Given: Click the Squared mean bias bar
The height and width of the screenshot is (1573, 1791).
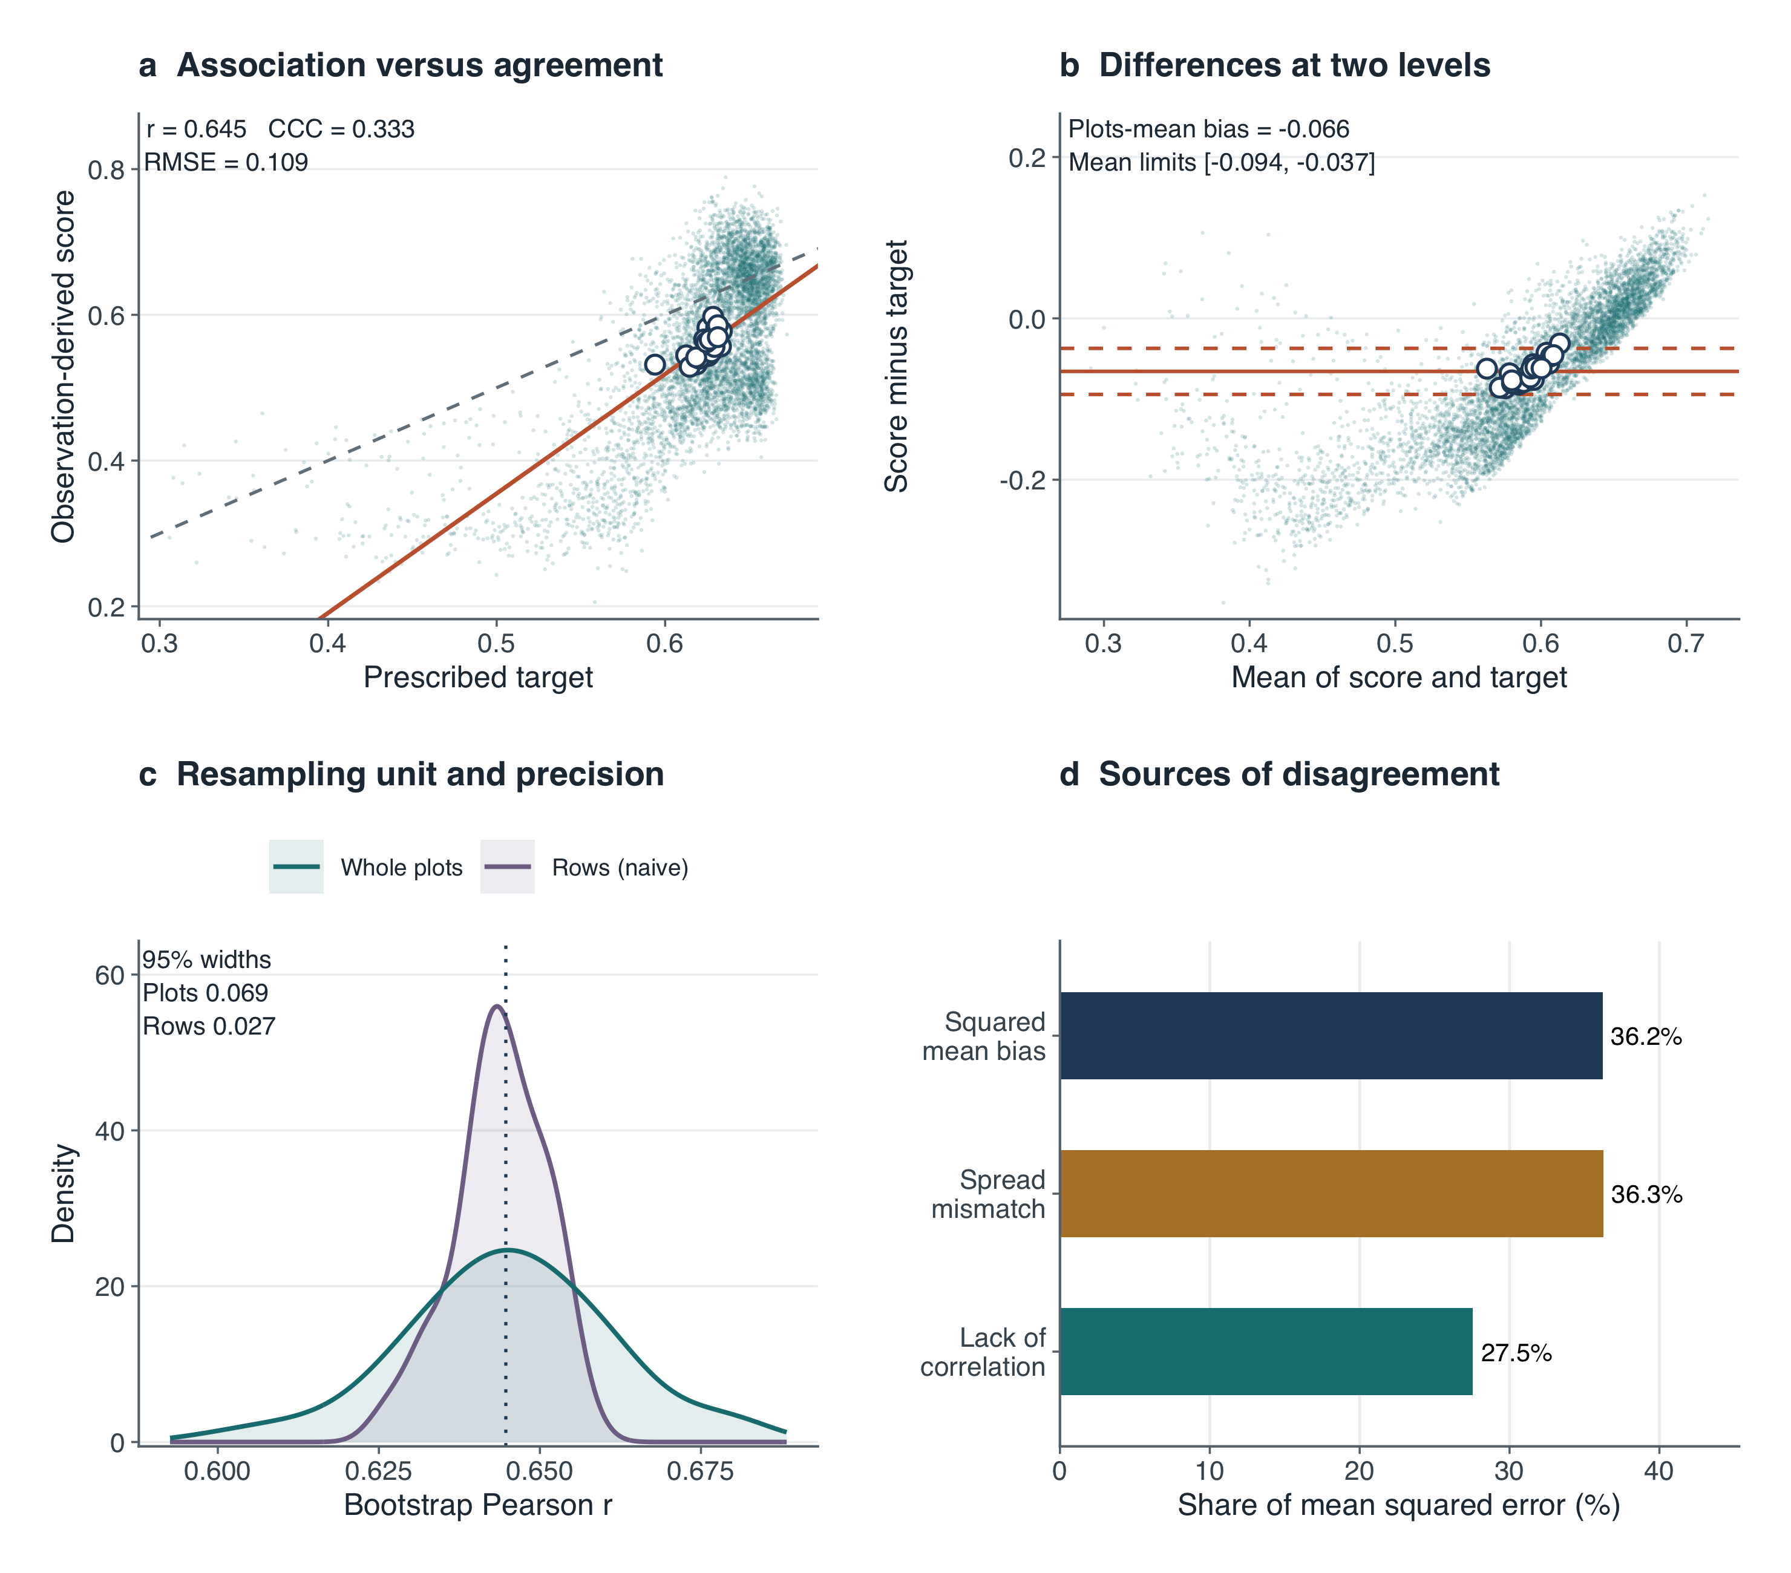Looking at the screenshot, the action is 1331,1036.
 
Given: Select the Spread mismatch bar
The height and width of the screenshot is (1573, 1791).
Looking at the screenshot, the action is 1332,1194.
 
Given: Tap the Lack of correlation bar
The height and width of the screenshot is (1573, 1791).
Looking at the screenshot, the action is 1266,1352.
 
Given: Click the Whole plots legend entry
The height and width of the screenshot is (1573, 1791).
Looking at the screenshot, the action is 366,867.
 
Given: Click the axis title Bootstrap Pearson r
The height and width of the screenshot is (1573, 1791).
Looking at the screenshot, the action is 479,1504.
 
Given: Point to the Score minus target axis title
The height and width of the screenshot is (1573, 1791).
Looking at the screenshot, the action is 895,366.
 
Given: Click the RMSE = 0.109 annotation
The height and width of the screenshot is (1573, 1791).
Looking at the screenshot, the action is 226,162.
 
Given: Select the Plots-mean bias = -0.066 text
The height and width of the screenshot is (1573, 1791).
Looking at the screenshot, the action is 1208,129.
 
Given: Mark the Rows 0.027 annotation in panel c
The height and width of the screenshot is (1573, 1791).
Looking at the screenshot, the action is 209,1025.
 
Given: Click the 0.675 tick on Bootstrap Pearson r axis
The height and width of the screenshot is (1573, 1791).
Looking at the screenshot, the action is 700,1471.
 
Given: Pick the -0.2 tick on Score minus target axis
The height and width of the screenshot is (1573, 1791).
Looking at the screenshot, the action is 1023,479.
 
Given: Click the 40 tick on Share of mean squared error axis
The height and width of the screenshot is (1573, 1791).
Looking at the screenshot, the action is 1658,1471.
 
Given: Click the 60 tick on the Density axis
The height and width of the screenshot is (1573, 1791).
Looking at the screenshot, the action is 110,975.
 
